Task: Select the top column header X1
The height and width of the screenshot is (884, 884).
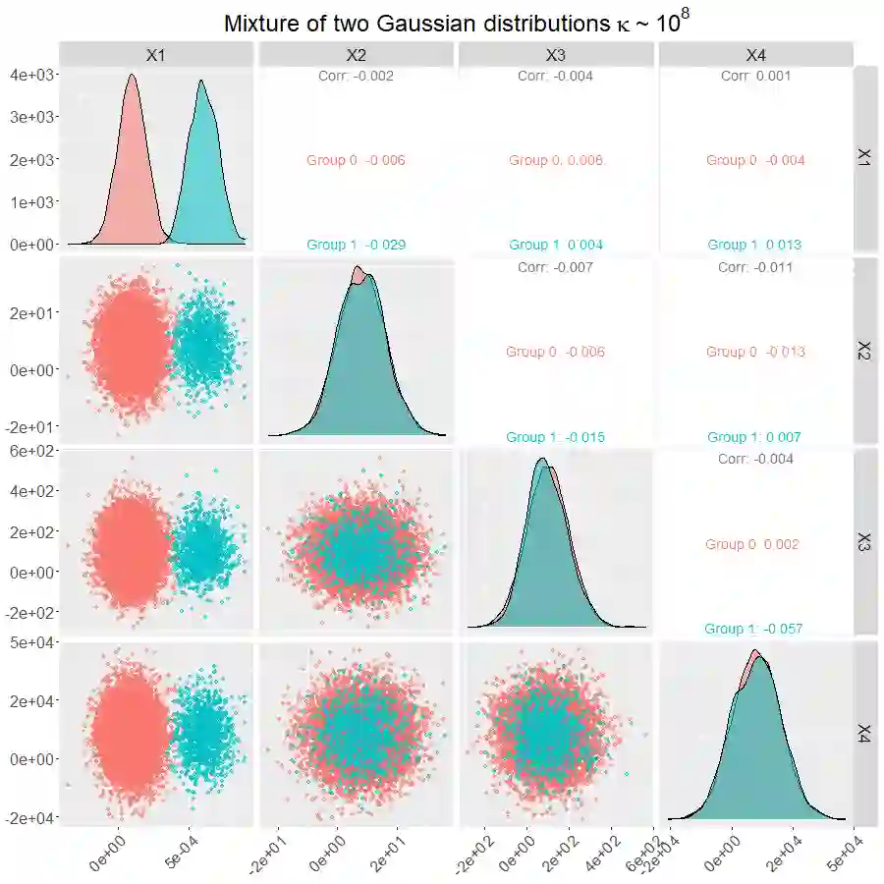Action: pos(155,55)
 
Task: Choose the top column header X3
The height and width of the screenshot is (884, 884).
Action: pos(556,55)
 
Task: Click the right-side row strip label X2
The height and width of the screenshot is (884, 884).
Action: pos(864,352)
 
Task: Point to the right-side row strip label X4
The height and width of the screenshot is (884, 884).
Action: pos(864,733)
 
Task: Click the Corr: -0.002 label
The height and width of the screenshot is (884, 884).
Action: pos(356,76)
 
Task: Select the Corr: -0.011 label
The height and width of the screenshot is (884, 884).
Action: pos(754,267)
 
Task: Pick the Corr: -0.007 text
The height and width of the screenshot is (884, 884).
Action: pos(555,267)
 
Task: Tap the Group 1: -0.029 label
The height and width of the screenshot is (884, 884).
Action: pos(356,245)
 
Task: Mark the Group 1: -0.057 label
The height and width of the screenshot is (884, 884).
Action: pos(754,629)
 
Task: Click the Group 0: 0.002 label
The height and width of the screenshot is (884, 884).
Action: pos(752,544)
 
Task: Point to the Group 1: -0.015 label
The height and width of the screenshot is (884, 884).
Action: pos(555,437)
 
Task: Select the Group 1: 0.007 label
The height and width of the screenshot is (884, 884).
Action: pos(754,437)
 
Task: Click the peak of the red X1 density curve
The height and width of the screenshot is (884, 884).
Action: pos(132,75)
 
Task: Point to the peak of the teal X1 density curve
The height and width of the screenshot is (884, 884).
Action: pos(201,81)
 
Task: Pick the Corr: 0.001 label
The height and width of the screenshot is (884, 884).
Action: pos(754,76)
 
